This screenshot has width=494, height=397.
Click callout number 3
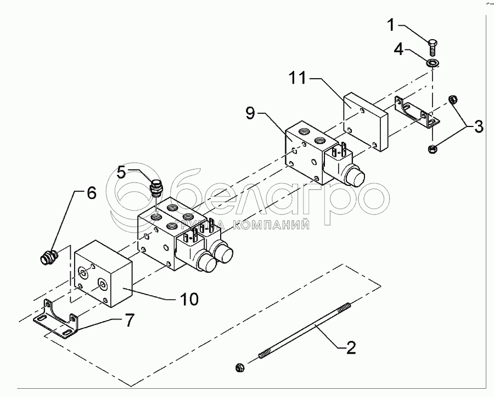point(478,128)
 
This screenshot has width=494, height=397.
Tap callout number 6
point(92,192)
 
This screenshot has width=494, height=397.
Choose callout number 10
point(186,299)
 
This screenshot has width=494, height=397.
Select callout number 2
point(351,348)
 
